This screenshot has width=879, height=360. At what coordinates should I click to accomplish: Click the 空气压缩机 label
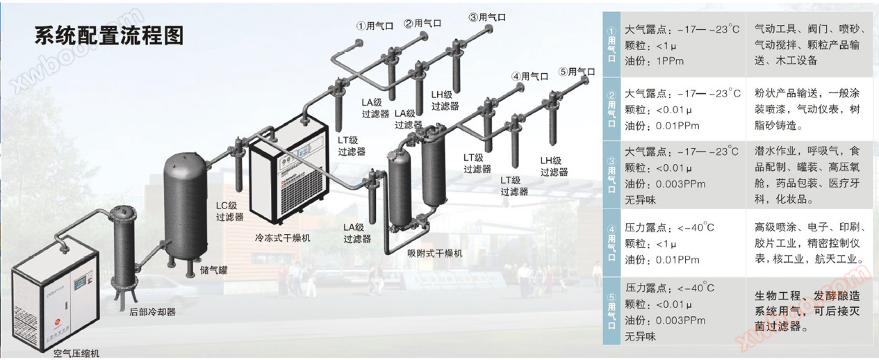(x=76, y=353)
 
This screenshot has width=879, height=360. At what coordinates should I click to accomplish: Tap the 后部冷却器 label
(x=152, y=312)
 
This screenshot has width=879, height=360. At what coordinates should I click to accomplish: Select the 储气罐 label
(x=214, y=270)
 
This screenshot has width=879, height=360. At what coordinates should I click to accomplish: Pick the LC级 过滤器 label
(x=229, y=211)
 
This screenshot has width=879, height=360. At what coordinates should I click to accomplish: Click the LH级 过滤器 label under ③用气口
(x=445, y=101)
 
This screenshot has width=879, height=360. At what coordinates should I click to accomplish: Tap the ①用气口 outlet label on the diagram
(x=375, y=25)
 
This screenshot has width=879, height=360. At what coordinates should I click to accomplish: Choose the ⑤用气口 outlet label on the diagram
(x=577, y=72)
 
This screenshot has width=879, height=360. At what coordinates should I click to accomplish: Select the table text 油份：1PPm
(x=655, y=61)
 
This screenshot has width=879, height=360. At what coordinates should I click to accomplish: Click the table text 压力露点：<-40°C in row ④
(x=670, y=227)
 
